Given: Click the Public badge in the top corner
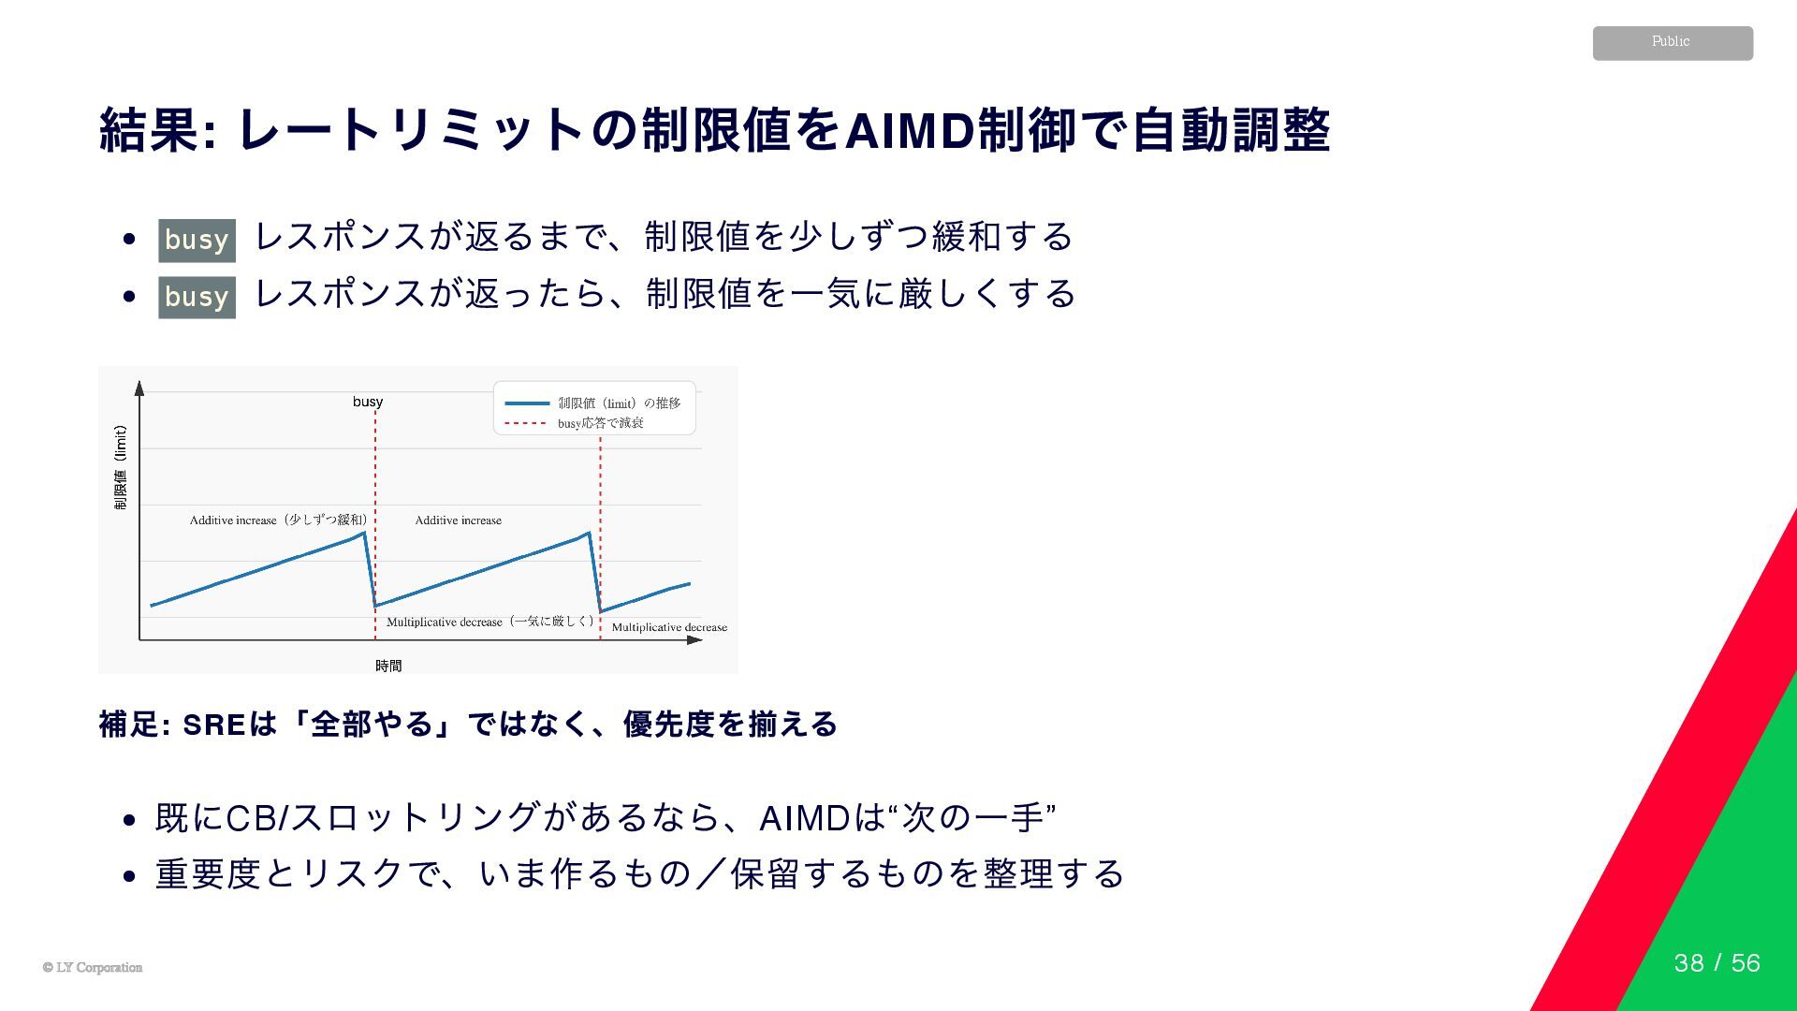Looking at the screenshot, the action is pyautogui.click(x=1672, y=43).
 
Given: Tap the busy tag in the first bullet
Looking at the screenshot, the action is pyautogui.click(x=197, y=240).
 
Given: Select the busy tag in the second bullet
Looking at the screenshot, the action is pyautogui.click(x=197, y=297).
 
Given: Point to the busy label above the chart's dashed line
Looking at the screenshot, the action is pyautogui.click(x=368, y=402).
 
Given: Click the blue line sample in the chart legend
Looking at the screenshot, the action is pyautogui.click(x=526, y=403).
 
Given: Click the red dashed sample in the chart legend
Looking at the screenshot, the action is pyautogui.click(x=526, y=423).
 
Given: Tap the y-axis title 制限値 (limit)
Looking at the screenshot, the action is pyautogui.click(x=120, y=468).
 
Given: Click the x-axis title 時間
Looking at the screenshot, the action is pyautogui.click(x=388, y=666).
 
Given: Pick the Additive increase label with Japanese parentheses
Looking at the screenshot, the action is pyautogui.click(x=278, y=520).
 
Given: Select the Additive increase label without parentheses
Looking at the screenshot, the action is pyautogui.click(x=458, y=520).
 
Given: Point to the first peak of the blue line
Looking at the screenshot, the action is pyautogui.click(x=364, y=533).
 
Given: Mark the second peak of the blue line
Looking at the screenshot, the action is pyautogui.click(x=589, y=533).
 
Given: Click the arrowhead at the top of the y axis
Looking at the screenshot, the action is pyautogui.click(x=139, y=388).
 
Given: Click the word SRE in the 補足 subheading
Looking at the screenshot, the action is pyautogui.click(x=214, y=725).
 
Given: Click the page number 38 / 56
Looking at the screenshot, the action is pyautogui.click(x=1717, y=963).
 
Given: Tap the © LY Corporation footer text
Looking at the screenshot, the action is pyautogui.click(x=93, y=968).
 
